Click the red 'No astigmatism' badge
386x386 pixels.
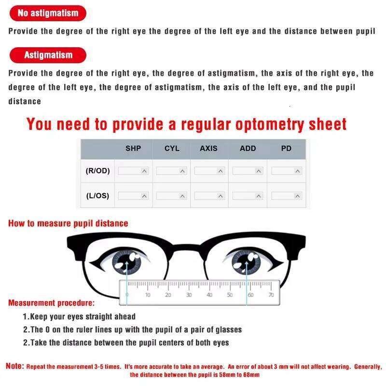coord(48,13)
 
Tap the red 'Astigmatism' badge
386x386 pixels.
coord(48,55)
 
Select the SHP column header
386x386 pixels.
coord(133,149)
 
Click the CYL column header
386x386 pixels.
coord(172,149)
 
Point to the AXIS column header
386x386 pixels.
coord(208,149)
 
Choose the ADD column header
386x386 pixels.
coord(248,149)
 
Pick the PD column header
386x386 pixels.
coord(286,149)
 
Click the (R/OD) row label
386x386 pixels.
coord(97,171)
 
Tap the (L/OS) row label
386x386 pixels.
coord(97,196)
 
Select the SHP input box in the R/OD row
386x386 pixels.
coord(133,171)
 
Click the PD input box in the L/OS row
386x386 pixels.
coord(286,196)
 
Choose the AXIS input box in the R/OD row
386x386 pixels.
coord(209,171)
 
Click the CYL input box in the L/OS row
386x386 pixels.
coord(171,196)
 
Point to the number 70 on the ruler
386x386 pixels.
coord(271,295)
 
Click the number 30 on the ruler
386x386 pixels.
coord(189,295)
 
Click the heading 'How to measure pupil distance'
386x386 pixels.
coord(68,223)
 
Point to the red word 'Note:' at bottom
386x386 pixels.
coord(14,366)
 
